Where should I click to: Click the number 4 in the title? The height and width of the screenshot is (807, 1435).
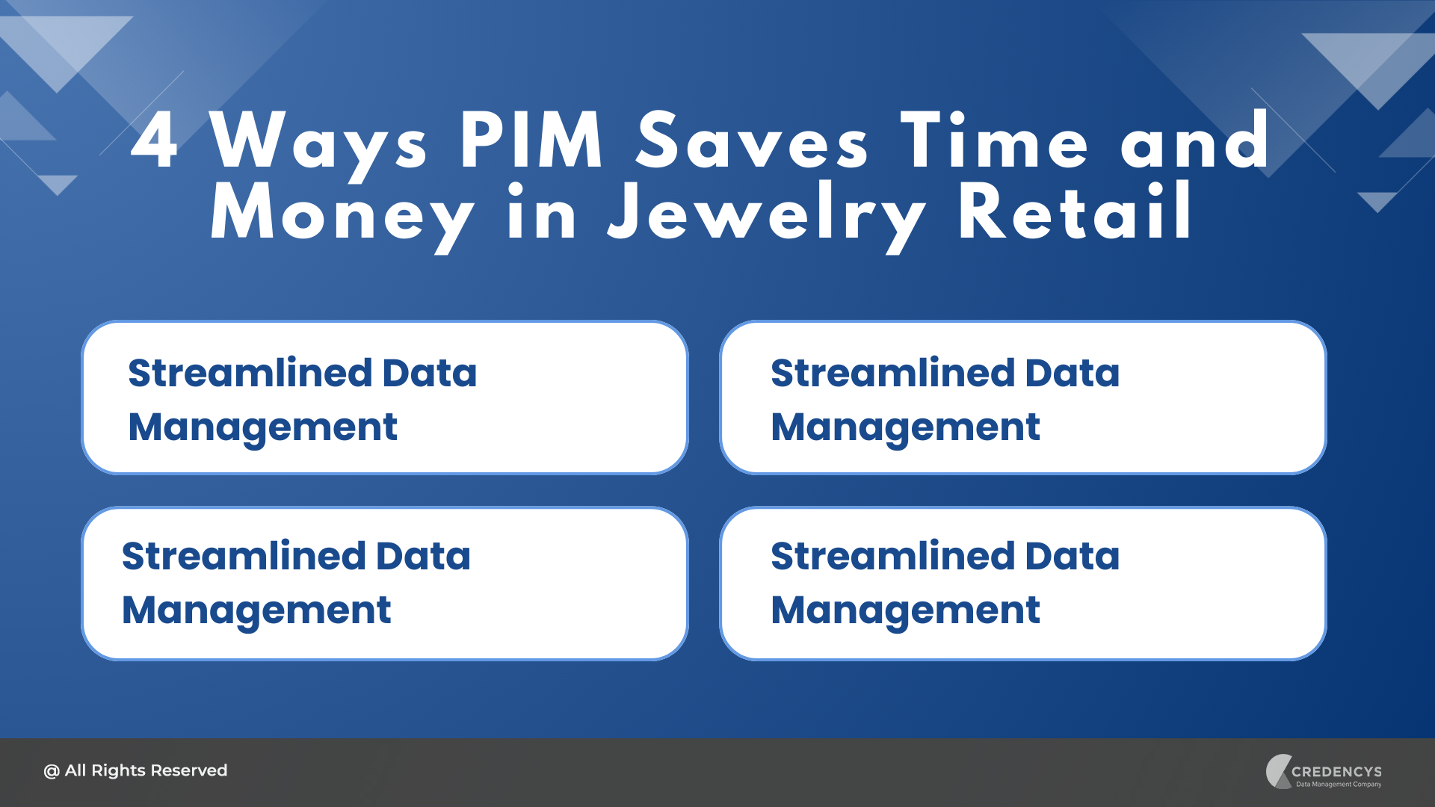(x=154, y=140)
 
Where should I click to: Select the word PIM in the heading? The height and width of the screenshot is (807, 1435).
(x=531, y=140)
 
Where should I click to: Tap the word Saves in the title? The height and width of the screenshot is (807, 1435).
(x=753, y=140)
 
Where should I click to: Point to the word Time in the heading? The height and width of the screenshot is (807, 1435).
(x=995, y=140)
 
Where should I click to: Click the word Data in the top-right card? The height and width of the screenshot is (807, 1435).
(x=1073, y=373)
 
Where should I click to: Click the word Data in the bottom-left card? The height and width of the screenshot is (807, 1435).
(x=423, y=556)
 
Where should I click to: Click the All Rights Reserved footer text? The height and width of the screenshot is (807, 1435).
(x=135, y=770)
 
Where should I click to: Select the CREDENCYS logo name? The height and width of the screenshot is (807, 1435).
(x=1336, y=772)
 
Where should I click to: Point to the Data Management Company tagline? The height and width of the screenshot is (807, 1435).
(x=1339, y=785)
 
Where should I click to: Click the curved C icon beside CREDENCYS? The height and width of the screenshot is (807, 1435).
(x=1275, y=772)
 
